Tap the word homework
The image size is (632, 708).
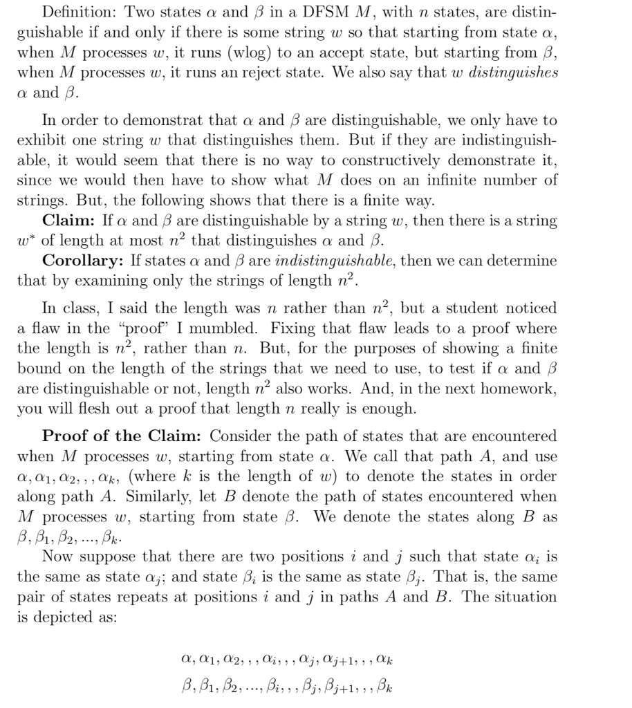[x=523, y=388]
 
